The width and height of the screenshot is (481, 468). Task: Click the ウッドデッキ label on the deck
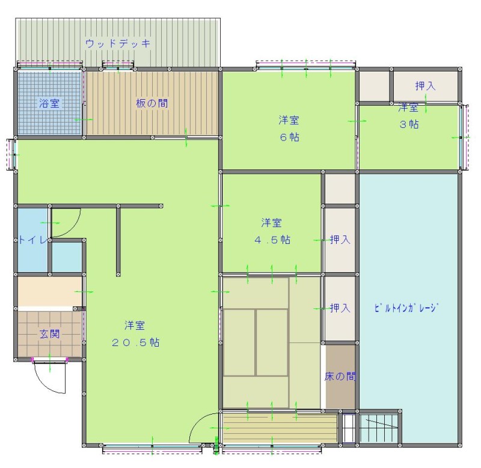click(x=118, y=43)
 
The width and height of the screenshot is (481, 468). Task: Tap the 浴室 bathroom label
click(x=49, y=103)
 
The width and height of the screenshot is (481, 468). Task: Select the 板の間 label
click(x=152, y=103)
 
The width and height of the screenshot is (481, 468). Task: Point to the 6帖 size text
click(x=289, y=137)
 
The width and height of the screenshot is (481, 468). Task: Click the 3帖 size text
click(x=409, y=124)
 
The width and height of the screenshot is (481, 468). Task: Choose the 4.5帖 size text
click(x=272, y=240)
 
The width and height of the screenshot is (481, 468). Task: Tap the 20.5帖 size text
click(x=135, y=342)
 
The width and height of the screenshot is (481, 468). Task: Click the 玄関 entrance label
click(x=49, y=334)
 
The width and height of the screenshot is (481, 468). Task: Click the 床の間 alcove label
click(x=340, y=376)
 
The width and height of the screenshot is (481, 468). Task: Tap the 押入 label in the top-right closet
click(x=426, y=86)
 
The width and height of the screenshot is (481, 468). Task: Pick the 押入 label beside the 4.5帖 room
click(x=340, y=239)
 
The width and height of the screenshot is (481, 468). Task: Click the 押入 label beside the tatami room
click(x=340, y=308)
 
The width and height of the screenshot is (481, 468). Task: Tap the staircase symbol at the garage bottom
click(x=379, y=428)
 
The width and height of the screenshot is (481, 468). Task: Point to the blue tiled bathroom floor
click(x=49, y=103)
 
